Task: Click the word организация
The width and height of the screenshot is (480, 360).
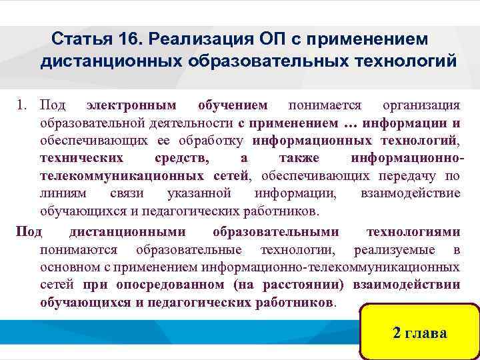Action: click(421, 105)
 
